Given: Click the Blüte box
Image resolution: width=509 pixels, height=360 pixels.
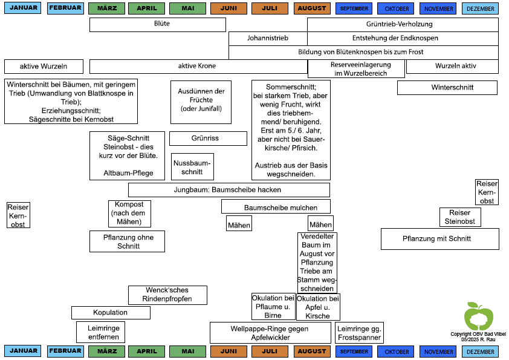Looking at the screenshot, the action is click(157, 25).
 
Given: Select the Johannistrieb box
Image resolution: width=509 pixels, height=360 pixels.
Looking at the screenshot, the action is click(268, 38).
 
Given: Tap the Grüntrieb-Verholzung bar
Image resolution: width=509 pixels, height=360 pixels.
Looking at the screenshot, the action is click(403, 24).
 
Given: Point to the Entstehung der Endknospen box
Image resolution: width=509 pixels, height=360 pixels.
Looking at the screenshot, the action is click(403, 38).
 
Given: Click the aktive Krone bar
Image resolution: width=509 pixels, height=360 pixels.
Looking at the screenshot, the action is click(198, 67).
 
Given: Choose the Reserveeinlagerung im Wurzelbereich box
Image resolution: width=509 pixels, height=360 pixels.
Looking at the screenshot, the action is click(356, 69).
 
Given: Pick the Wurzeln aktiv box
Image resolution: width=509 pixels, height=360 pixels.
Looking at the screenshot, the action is click(452, 67).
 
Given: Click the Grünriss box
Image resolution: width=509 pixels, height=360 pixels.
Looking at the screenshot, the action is click(208, 139).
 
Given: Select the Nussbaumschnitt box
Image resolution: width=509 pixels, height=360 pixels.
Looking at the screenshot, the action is click(192, 166).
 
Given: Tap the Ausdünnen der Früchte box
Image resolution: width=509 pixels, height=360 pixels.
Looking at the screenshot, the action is click(201, 102).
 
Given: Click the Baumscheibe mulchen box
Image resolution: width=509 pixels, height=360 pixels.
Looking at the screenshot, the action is click(276, 206).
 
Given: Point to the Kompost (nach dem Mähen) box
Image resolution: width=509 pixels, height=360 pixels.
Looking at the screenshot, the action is click(129, 214).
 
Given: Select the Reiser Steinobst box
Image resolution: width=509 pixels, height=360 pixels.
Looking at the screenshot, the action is click(460, 217).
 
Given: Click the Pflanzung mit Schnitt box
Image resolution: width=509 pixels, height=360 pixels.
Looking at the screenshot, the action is click(440, 239).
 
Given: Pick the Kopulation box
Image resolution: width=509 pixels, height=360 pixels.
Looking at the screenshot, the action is click(111, 313).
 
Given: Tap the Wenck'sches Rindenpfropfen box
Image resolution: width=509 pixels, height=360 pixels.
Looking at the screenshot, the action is click(167, 295).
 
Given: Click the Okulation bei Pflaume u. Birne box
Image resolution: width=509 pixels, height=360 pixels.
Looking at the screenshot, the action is click(273, 307).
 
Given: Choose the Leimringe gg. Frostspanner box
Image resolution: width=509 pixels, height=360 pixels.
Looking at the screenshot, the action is click(359, 333).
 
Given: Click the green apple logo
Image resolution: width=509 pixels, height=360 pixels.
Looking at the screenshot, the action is click(479, 316).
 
